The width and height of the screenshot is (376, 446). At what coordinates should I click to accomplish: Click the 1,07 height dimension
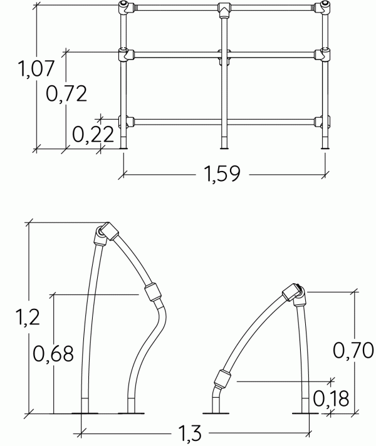coord(36,69)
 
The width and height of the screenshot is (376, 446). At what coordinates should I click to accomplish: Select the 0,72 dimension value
coord(66,94)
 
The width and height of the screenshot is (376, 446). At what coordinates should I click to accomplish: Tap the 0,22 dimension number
coord(93,134)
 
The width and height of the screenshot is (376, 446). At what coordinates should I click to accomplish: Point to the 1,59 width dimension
coord(222,174)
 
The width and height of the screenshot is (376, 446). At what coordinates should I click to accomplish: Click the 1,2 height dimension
coord(28,317)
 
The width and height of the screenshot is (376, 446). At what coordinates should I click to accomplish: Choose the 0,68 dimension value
coord(53,354)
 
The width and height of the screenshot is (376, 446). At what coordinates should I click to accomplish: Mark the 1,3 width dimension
coord(190,433)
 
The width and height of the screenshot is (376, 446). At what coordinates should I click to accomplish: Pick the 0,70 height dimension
coord(353,350)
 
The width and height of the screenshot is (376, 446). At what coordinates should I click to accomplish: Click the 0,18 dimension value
coord(331,398)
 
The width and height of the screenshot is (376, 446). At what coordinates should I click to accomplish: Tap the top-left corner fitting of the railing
coord(125,8)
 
